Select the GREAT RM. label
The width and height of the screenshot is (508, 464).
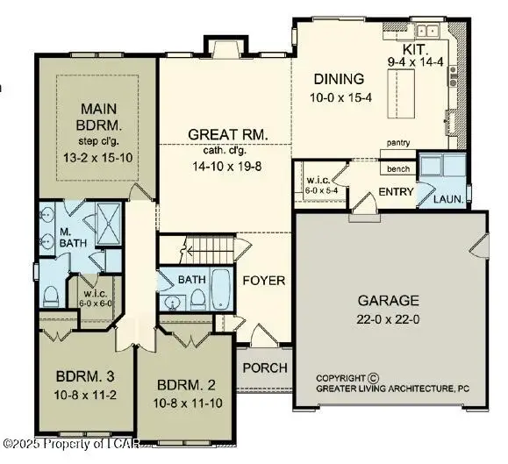point(227,134)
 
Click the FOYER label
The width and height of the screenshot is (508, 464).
point(264,281)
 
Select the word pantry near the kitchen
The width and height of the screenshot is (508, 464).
point(398,140)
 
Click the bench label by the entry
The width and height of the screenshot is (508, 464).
point(398,168)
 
